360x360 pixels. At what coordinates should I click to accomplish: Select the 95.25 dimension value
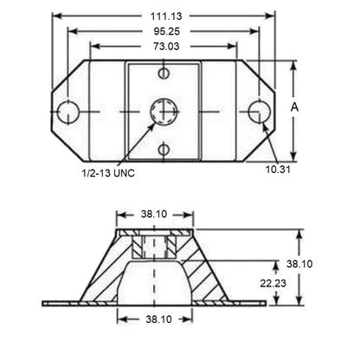164,30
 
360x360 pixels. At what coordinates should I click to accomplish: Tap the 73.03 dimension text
164,46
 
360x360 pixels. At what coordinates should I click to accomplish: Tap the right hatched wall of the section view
208,275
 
